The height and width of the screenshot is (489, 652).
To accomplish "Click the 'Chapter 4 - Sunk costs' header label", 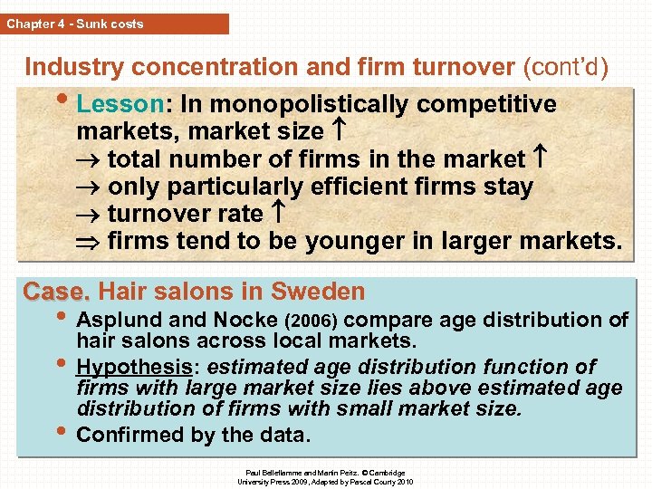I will (75, 24).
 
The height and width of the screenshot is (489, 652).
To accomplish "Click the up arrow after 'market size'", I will (337, 132).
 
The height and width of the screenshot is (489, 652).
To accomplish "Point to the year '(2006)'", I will (312, 321).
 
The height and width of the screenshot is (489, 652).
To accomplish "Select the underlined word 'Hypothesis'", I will (131, 367).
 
